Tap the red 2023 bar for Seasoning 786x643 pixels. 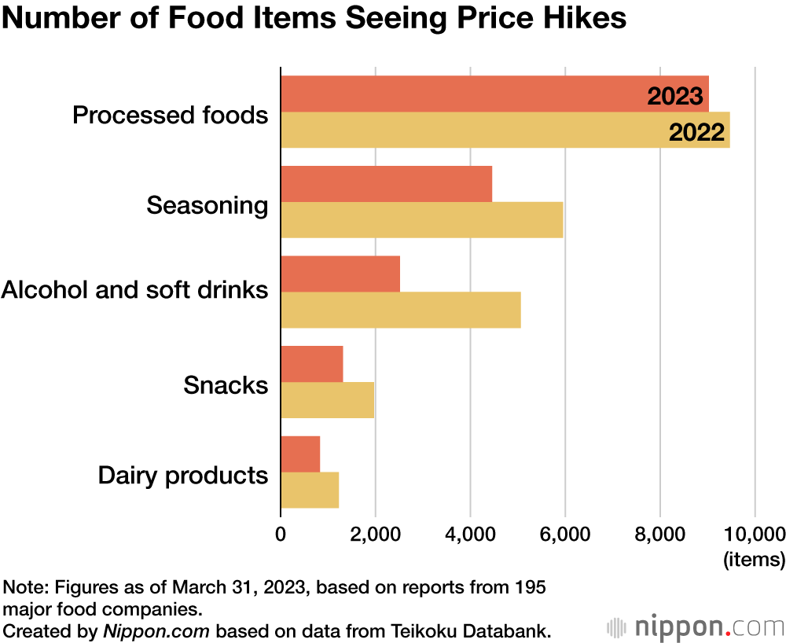[386, 184]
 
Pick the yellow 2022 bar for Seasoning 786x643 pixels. [421, 220]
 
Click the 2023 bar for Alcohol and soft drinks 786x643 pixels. [340, 274]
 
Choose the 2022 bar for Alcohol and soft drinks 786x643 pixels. [400, 310]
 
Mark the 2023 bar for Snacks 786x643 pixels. [312, 363]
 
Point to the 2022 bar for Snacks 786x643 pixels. [327, 400]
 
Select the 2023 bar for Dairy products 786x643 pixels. [300, 454]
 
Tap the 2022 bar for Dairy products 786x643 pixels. [310, 490]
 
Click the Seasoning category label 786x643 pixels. [208, 206]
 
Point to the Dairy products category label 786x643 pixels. [183, 476]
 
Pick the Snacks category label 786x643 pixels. [226, 386]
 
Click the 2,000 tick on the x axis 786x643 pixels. [375, 535]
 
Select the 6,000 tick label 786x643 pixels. [564, 535]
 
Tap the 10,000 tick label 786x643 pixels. [752, 535]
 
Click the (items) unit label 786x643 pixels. [753, 560]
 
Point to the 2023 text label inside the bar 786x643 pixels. [674, 96]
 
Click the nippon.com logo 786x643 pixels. [696, 628]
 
